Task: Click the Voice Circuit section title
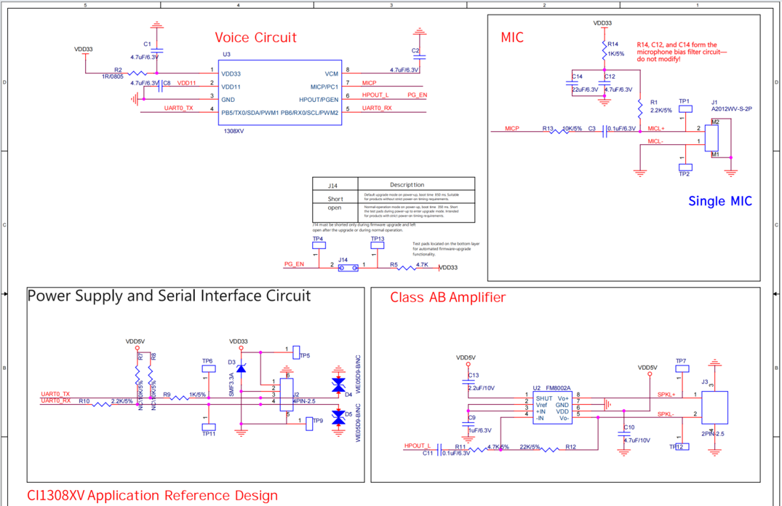(x=255, y=38)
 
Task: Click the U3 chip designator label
(x=226, y=54)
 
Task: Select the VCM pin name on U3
(x=331, y=74)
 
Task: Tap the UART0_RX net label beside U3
(x=377, y=108)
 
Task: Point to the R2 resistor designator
(x=118, y=70)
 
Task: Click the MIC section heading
(x=512, y=37)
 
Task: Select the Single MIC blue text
(x=719, y=201)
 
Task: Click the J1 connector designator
(x=714, y=101)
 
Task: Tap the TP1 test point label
(x=684, y=101)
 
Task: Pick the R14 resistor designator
(x=613, y=44)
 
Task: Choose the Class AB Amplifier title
(x=447, y=297)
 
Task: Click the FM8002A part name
(x=559, y=388)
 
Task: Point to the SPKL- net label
(x=666, y=414)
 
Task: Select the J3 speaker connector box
(x=714, y=407)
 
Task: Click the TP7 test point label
(x=681, y=361)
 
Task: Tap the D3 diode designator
(x=231, y=361)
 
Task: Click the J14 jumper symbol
(x=348, y=268)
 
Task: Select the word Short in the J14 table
(x=335, y=199)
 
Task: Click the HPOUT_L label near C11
(x=418, y=446)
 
